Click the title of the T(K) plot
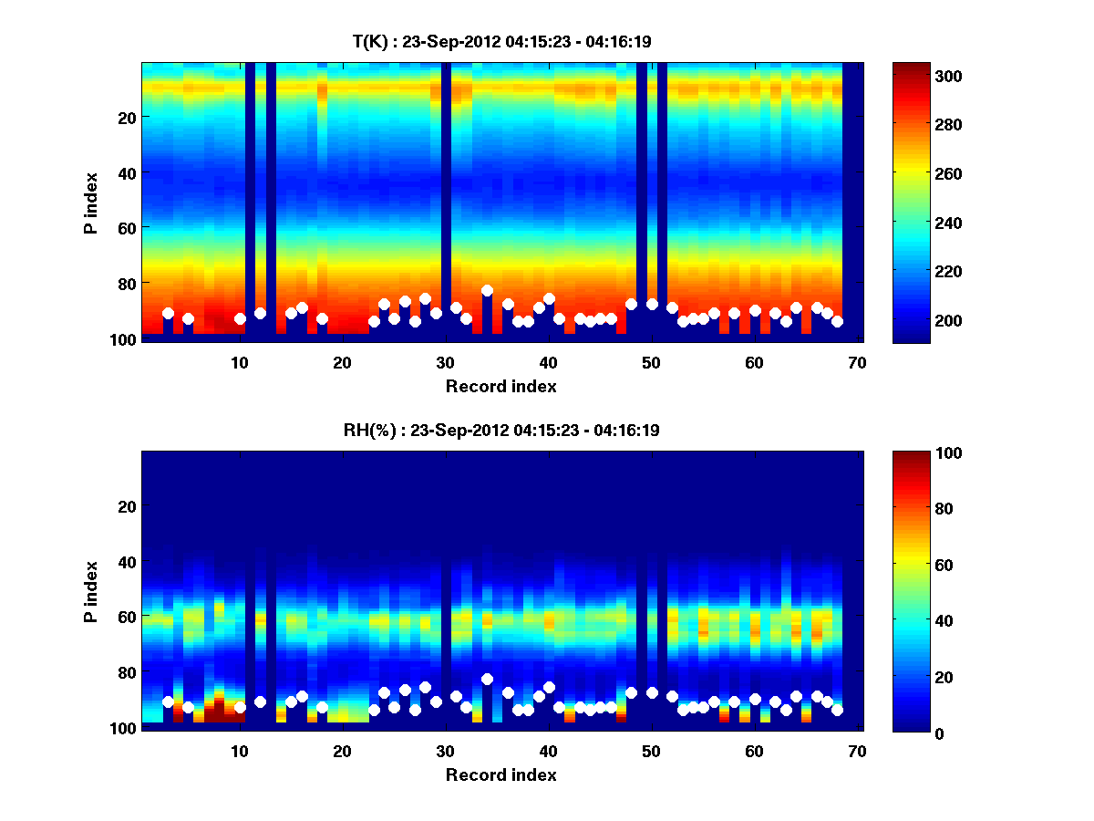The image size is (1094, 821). [501, 41]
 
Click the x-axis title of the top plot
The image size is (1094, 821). [501, 386]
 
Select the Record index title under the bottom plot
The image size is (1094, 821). [501, 774]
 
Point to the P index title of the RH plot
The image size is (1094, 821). [91, 590]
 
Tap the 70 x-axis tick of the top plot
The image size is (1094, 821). [857, 362]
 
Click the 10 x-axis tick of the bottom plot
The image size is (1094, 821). [240, 751]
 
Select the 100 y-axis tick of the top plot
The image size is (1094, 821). [125, 339]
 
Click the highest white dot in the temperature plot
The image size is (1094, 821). [487, 290]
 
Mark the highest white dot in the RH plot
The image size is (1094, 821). [487, 679]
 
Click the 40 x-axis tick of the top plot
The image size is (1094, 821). [548, 362]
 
